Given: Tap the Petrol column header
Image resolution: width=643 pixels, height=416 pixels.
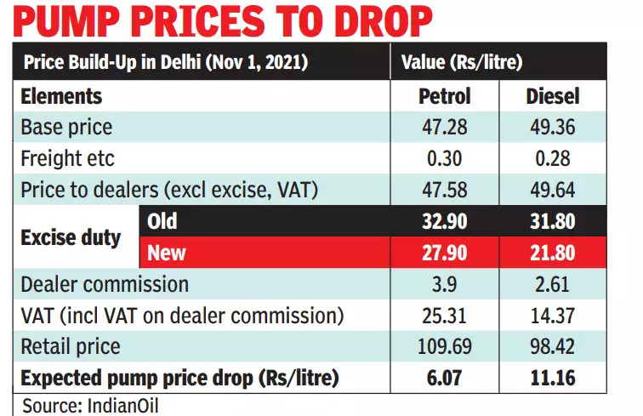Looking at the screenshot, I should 445,95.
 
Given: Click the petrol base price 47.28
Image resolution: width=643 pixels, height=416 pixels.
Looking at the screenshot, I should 445,128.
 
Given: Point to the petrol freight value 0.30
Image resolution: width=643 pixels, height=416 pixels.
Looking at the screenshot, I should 445,158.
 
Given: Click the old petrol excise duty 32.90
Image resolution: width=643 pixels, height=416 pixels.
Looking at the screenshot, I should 445,222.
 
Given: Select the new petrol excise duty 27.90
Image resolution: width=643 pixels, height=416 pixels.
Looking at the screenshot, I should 445,253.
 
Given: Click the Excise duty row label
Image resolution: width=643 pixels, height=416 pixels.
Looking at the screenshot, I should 71,238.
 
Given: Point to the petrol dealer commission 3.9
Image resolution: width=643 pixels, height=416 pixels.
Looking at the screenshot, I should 445,284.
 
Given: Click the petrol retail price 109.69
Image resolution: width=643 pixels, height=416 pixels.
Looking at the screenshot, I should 445,346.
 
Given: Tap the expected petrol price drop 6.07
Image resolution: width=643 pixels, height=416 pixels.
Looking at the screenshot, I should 445,377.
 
